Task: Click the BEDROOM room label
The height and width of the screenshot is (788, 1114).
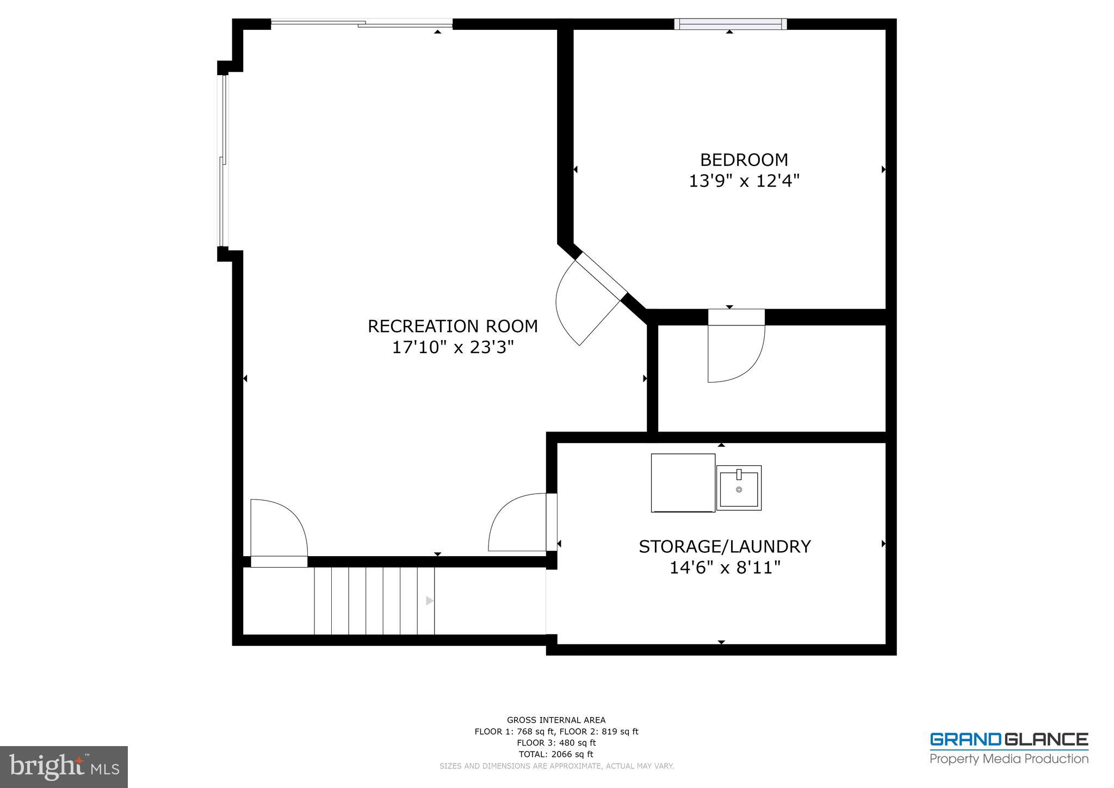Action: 744,159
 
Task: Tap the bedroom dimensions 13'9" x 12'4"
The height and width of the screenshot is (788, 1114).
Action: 744,181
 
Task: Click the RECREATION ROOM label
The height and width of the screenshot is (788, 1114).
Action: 453,326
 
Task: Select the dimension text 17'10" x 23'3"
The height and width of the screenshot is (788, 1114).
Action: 453,347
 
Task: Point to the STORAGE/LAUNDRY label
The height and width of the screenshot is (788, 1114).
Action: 725,546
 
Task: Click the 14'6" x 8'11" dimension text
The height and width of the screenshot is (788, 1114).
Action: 725,568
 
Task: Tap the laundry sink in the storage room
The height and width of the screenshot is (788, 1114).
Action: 738,488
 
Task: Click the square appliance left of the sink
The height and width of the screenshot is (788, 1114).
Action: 683,483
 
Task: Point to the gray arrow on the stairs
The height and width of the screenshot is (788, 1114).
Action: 429,601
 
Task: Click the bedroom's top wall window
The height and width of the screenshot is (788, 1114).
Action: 730,24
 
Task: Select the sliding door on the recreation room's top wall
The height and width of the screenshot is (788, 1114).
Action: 362,23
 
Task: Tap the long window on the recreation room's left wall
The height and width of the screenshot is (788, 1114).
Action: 222,161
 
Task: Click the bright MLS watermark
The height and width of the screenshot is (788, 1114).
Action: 64,767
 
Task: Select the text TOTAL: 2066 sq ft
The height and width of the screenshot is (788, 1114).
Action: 556,754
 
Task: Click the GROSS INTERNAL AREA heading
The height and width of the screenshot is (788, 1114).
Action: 556,720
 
